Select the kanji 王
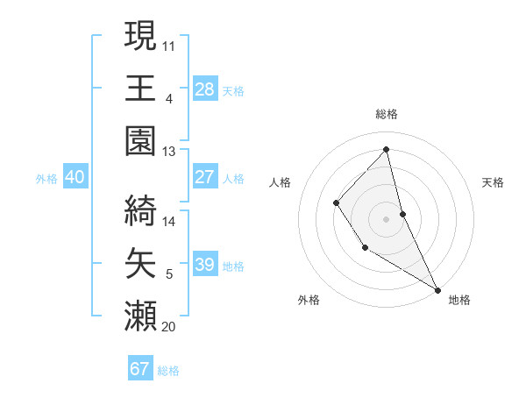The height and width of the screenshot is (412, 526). point(140,88)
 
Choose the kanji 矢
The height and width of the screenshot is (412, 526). point(140,262)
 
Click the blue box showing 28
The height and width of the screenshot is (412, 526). point(204,89)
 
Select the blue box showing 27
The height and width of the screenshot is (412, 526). point(204,177)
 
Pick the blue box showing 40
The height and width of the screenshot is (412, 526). point(75,177)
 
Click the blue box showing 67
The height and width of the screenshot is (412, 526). point(140,369)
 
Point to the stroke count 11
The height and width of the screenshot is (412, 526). point(169,44)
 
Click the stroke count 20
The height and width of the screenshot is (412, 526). point(169,327)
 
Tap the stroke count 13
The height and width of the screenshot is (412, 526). point(169,152)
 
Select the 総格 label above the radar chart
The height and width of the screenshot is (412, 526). point(387,114)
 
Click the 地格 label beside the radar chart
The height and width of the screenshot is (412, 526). point(459,300)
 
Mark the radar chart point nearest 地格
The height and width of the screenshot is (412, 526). point(437,288)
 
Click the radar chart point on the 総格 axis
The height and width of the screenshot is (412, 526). point(387,149)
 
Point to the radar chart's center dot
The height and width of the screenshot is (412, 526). point(387,218)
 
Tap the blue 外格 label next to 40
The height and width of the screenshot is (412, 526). point(46,179)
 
